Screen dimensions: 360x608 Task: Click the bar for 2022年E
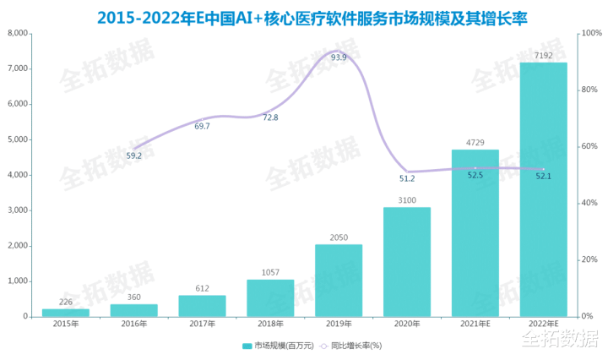pyautogui.click(x=543, y=189)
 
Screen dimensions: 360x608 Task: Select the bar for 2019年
pyautogui.click(x=339, y=281)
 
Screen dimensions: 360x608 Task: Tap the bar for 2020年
pyautogui.click(x=407, y=262)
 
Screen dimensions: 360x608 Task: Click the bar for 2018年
pyautogui.click(x=270, y=297)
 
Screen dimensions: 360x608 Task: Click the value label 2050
pyautogui.click(x=339, y=237)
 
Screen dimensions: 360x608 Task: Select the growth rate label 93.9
pyautogui.click(x=339, y=57)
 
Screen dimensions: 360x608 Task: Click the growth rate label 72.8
pyautogui.click(x=270, y=117)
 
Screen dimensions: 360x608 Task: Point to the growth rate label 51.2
pyautogui.click(x=407, y=178)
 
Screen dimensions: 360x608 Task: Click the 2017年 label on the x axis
pyautogui.click(x=203, y=325)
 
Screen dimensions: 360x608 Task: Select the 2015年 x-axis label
pyautogui.click(x=66, y=325)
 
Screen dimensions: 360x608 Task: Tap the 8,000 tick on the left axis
pyautogui.click(x=18, y=34)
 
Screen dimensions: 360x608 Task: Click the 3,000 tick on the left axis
pyautogui.click(x=18, y=210)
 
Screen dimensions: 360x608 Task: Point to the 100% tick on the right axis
pyautogui.click(x=589, y=34)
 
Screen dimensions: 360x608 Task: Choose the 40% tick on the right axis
pyautogui.click(x=588, y=204)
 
